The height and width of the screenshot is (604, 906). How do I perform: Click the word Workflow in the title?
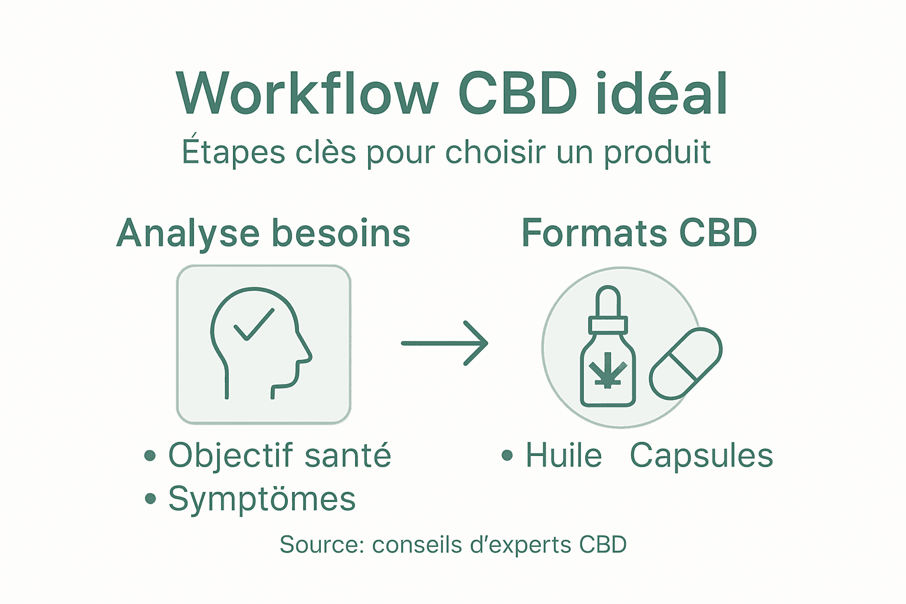[x=307, y=94]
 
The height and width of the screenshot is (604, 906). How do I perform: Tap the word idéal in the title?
[x=662, y=94]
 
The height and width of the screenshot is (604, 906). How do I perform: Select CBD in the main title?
[x=517, y=94]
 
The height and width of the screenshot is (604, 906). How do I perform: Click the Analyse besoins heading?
[x=263, y=233]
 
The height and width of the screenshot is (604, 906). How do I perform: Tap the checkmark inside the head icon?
[x=254, y=325]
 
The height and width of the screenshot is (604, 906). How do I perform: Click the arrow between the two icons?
[x=445, y=343]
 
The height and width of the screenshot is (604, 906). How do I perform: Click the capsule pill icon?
[x=685, y=363]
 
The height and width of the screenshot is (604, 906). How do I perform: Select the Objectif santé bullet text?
[x=280, y=455]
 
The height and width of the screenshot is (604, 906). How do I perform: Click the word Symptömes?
[x=262, y=499]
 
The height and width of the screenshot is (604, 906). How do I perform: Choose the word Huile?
[x=563, y=455]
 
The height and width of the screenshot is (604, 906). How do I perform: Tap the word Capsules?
[x=701, y=455]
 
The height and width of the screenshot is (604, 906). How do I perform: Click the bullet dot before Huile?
[x=507, y=455]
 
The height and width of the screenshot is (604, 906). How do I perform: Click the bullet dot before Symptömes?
[x=150, y=499]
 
